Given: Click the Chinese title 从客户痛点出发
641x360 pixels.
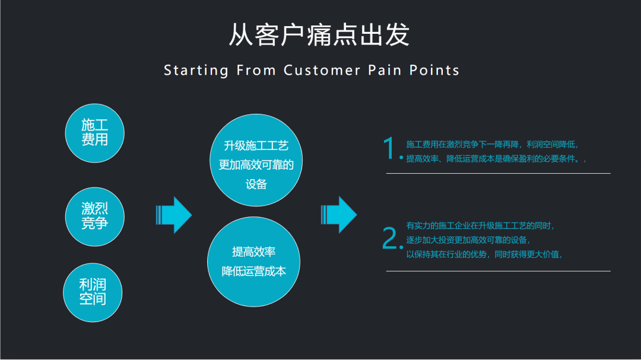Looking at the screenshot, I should click(319, 36).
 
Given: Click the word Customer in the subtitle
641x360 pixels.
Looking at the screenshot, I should click(322, 71).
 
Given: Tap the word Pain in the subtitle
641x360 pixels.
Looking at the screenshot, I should click(386, 71).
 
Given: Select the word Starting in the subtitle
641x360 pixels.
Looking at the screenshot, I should click(196, 71).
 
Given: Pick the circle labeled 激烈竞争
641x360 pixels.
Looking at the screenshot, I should click(94, 216).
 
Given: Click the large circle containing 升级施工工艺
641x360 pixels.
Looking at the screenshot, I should click(256, 161).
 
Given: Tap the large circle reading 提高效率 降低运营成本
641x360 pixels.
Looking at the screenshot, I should click(253, 262).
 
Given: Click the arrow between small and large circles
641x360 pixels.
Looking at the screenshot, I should click(174, 214).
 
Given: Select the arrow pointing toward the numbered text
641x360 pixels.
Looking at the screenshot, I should click(339, 214).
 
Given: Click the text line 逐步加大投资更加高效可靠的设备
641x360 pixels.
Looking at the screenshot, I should click(468, 240).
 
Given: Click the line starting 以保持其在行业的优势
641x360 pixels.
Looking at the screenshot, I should click(484, 254).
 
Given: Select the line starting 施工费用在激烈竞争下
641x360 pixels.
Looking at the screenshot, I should click(491, 144).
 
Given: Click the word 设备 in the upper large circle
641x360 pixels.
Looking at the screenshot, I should click(256, 184).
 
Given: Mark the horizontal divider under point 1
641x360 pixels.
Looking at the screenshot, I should click(498, 173).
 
